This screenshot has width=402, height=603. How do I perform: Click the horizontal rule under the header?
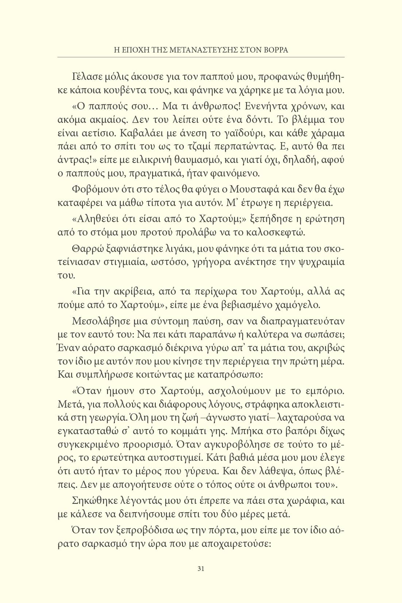tap(201, 57)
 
